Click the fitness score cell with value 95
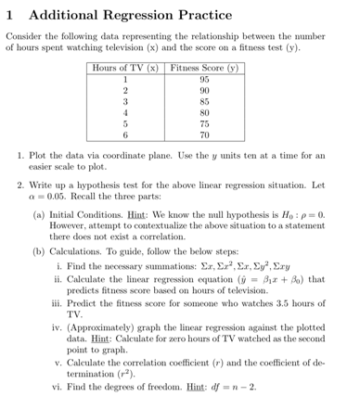(x=204, y=79)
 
